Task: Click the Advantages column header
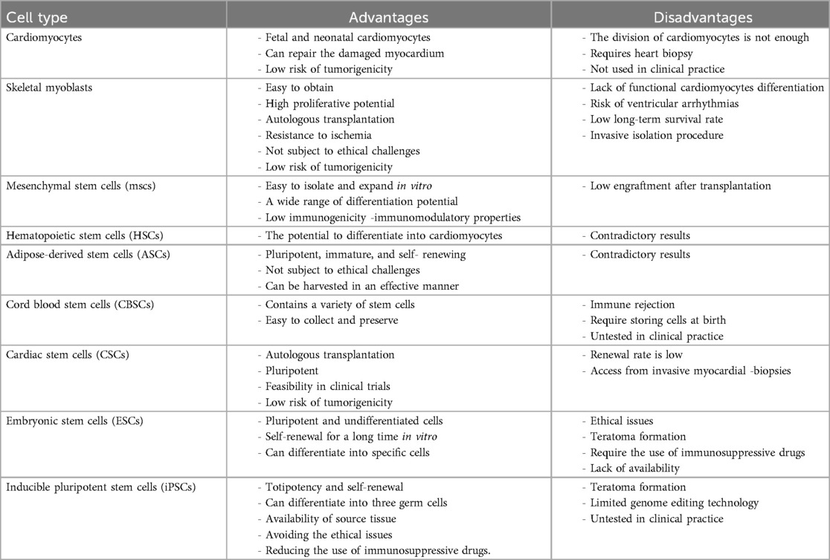tap(389, 17)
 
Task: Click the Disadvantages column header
tap(691, 17)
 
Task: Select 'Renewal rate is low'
tap(637, 355)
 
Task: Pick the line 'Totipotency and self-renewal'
tap(334, 487)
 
